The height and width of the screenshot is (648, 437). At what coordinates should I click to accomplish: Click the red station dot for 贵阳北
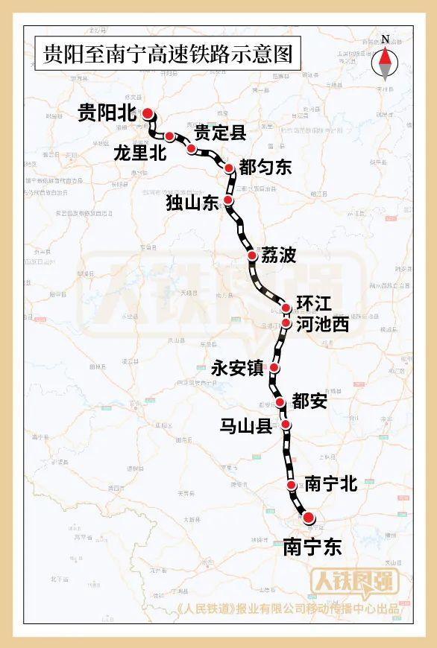(x=148, y=113)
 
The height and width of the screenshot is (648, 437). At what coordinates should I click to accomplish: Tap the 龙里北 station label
(x=139, y=153)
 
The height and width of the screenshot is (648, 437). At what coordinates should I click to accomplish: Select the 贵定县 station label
(x=220, y=133)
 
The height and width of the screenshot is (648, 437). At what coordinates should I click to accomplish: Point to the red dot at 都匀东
(x=229, y=168)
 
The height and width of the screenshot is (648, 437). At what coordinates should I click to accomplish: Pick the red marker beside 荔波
(x=252, y=255)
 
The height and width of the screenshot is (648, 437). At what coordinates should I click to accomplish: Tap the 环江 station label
(x=313, y=304)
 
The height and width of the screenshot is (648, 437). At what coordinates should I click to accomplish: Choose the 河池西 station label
(x=322, y=325)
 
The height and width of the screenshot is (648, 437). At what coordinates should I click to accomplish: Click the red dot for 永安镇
(x=274, y=368)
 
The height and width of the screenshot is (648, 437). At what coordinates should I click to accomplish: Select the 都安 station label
(x=309, y=401)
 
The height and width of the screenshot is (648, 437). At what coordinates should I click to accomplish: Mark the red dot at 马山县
(x=286, y=425)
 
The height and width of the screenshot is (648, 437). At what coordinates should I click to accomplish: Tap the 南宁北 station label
(x=331, y=484)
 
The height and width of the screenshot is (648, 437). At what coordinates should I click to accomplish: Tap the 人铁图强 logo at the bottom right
(x=354, y=581)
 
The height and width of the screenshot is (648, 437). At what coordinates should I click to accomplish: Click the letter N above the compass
(x=385, y=39)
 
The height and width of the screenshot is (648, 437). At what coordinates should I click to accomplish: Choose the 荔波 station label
(x=279, y=255)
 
